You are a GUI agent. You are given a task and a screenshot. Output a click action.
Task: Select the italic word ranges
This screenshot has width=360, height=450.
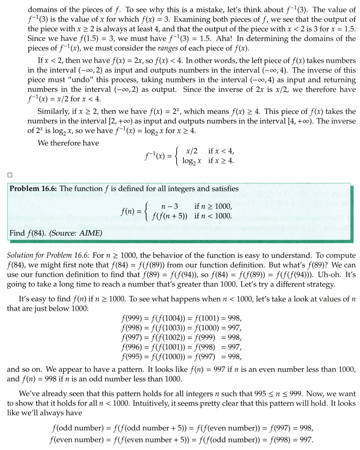click(136, 48)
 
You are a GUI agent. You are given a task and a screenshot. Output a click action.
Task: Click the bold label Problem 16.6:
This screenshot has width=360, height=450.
click(33, 188)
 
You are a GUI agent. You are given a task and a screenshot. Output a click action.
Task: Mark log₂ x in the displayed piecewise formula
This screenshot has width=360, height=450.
click(192, 161)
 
